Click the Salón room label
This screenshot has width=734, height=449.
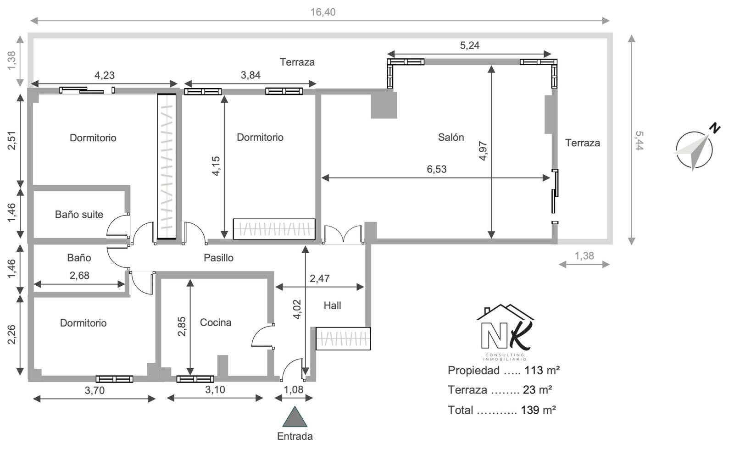point(451,137)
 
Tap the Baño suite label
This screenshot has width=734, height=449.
point(79,215)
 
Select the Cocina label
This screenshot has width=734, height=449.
point(216,322)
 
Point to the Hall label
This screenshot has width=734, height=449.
point(332,305)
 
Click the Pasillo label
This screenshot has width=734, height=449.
point(218,258)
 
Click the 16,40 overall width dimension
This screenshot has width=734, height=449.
point(323,12)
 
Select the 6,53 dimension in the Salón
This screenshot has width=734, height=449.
point(436,169)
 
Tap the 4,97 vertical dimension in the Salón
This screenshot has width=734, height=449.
point(483,150)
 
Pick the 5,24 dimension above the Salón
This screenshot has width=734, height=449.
point(470,45)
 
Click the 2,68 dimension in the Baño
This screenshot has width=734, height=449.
point(79,276)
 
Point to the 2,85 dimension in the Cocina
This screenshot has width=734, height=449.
point(182,326)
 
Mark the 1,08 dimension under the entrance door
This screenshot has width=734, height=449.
point(294,389)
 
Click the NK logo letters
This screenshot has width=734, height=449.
point(505,335)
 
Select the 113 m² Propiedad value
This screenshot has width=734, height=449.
point(542,371)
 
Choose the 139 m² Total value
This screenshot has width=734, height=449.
point(539,410)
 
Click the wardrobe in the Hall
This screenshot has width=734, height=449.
point(343,338)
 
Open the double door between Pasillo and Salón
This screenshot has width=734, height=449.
point(343,234)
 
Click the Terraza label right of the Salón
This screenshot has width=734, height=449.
point(583,143)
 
